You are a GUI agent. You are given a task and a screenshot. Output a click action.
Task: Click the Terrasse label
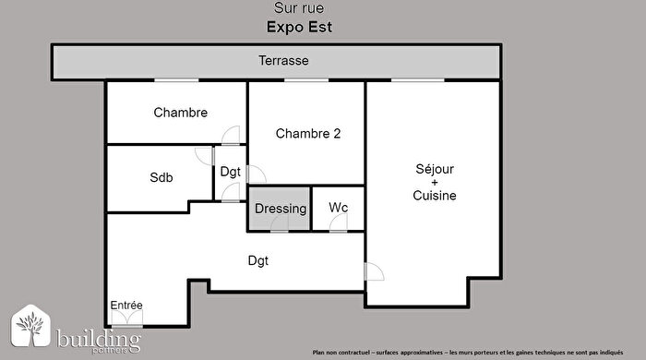tap(282, 61)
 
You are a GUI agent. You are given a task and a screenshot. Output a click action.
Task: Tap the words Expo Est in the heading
tap(299, 28)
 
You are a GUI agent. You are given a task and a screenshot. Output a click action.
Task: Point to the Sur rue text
tap(299, 9)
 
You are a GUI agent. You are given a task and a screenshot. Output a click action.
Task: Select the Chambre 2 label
tap(308, 134)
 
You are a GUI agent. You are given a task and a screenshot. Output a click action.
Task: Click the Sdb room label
tap(161, 177)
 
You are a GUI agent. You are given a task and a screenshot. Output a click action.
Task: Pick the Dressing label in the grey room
tap(281, 209)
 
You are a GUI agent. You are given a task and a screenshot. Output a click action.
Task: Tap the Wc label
tap(339, 209)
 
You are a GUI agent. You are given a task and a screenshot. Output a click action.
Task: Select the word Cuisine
tap(435, 196)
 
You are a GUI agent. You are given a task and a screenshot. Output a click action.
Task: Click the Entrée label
tap(126, 306)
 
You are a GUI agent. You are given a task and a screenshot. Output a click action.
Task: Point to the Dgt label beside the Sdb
tap(230, 172)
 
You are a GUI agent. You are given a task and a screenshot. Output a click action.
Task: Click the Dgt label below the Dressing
tap(257, 260)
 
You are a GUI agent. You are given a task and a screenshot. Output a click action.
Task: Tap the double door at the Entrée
tap(126, 319)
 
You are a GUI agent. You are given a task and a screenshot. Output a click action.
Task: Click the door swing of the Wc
tap(339, 225)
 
